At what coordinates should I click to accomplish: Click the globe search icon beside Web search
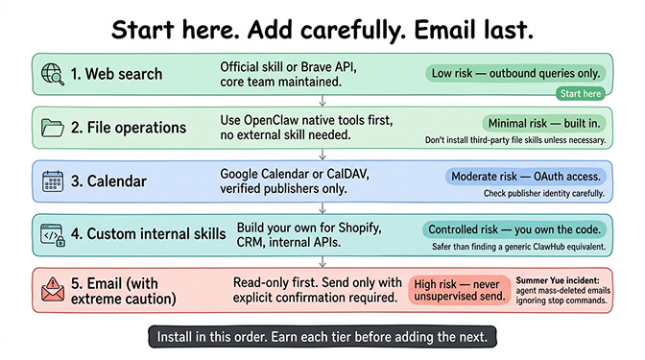(x=52, y=74)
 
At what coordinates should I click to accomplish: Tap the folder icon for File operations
(x=52, y=127)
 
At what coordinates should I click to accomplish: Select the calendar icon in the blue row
(x=52, y=180)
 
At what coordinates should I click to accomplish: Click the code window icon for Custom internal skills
(x=52, y=233)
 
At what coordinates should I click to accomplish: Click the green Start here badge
(x=581, y=94)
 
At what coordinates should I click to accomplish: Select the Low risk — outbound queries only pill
(x=514, y=73)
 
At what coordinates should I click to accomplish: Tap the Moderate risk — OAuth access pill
(x=525, y=177)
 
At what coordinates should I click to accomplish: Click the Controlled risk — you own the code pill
(x=514, y=230)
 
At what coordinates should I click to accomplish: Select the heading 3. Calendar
(x=108, y=180)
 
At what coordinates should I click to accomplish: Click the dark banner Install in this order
(x=322, y=338)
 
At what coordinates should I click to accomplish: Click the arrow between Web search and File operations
(x=322, y=101)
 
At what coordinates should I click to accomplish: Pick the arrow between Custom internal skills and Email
(x=322, y=261)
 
